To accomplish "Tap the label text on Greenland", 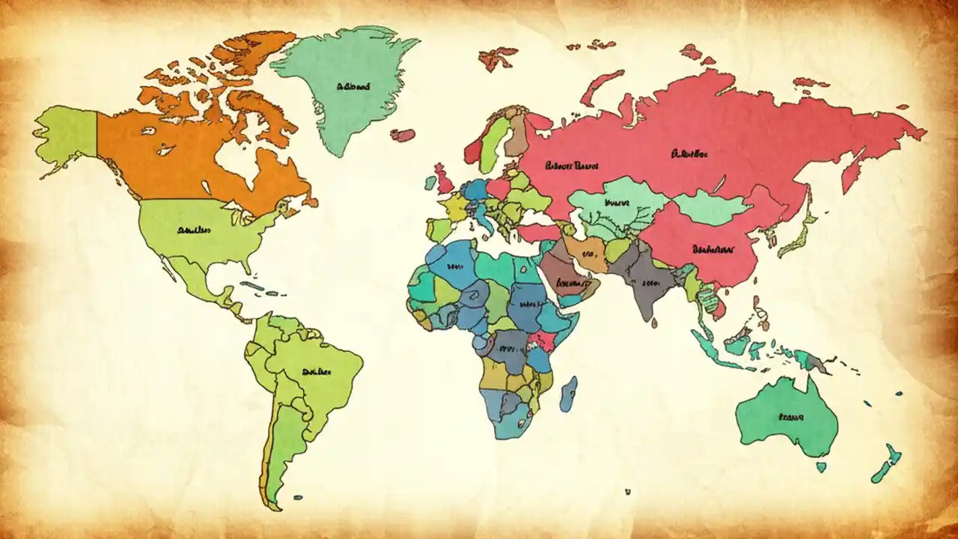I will [x=353, y=87].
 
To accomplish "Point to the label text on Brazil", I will [x=317, y=371].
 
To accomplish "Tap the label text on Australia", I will [x=790, y=415].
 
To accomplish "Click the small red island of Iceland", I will [x=403, y=135].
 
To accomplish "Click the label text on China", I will [x=711, y=247].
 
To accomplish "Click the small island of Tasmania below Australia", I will [x=821, y=466].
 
